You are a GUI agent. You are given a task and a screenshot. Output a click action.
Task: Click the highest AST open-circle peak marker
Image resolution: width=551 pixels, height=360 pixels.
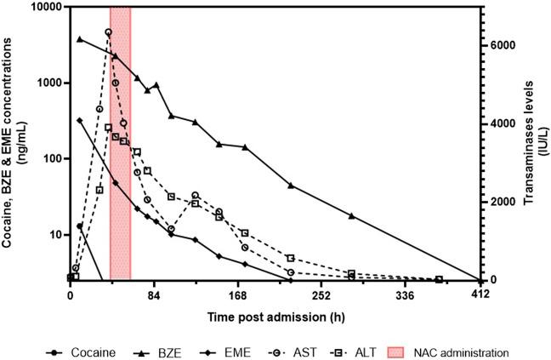[108, 32]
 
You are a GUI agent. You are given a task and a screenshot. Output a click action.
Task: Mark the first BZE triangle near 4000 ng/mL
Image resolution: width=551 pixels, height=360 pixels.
[80, 38]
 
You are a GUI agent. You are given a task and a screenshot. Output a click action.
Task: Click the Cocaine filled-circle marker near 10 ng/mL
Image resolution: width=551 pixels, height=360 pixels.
[80, 226]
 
